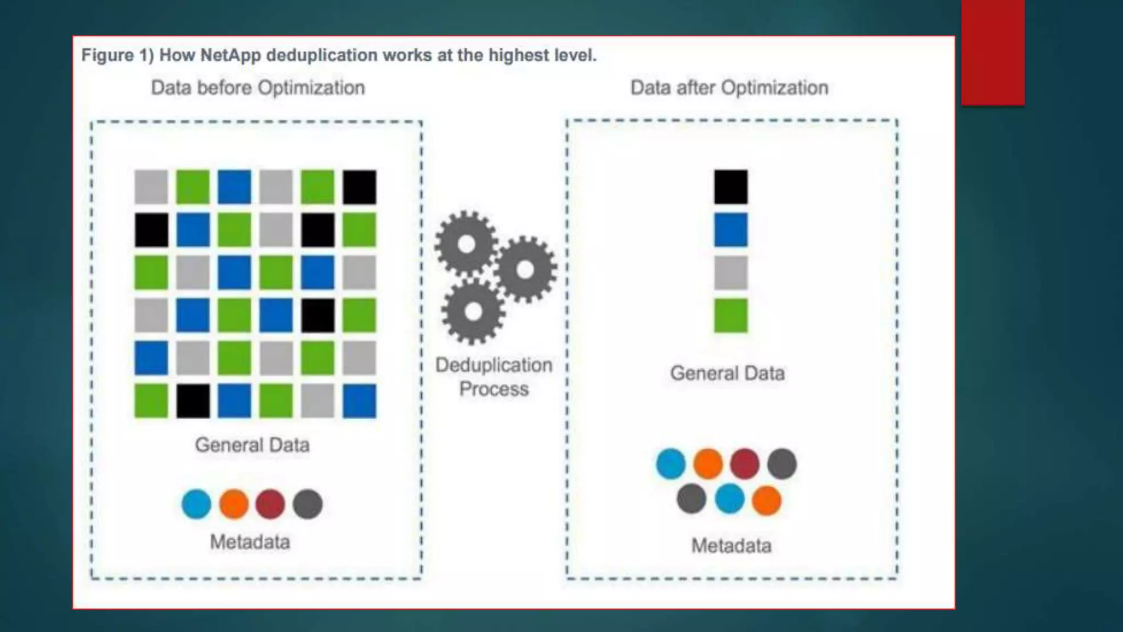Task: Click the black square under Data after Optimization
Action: (x=730, y=187)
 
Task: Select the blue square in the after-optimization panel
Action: (x=730, y=230)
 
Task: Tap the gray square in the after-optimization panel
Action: (x=730, y=273)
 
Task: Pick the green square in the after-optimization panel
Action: (x=730, y=315)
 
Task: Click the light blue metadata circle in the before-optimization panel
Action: (x=196, y=504)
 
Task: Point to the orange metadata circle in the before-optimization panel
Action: (x=234, y=504)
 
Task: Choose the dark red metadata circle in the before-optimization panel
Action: (x=270, y=504)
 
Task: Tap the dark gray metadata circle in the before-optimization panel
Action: (x=308, y=504)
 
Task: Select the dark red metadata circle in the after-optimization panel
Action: (x=745, y=464)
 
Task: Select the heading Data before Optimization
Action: (x=258, y=88)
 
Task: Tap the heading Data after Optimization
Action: (x=729, y=88)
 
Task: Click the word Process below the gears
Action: (x=494, y=389)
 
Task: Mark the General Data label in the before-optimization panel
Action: (x=252, y=445)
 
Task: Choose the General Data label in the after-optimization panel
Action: (x=728, y=374)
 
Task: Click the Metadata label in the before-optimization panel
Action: (x=250, y=542)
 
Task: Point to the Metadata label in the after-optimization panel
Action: (x=731, y=546)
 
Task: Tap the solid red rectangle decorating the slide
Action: (x=992, y=52)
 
